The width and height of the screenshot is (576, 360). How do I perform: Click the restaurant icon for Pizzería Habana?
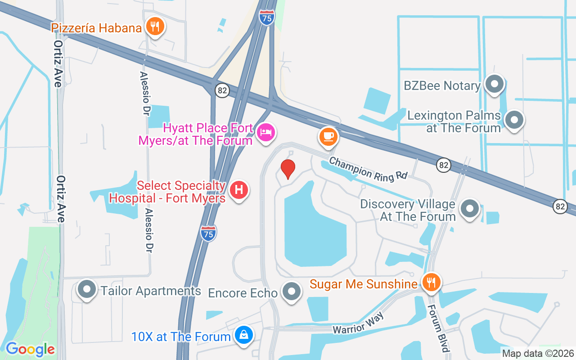155,27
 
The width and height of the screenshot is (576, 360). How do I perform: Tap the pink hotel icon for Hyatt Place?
266,132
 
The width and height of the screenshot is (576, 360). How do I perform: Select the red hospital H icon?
239,190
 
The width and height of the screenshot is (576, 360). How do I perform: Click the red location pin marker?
288,169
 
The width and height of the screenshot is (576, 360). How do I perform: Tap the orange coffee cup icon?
328,135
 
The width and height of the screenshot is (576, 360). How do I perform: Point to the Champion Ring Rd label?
368,169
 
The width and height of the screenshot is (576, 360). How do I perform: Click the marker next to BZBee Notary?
495,84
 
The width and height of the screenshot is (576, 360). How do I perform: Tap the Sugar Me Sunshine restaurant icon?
431,282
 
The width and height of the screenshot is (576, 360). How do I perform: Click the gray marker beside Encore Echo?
292,292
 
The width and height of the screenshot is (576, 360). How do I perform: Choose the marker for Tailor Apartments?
87,290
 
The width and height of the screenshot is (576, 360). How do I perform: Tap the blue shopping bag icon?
243,335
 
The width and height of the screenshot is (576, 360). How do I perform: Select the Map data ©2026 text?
538,354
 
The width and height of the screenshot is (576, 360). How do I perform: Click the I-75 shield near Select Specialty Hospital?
208,233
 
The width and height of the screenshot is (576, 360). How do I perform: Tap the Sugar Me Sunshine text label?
364,284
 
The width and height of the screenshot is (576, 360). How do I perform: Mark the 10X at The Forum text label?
181,337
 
